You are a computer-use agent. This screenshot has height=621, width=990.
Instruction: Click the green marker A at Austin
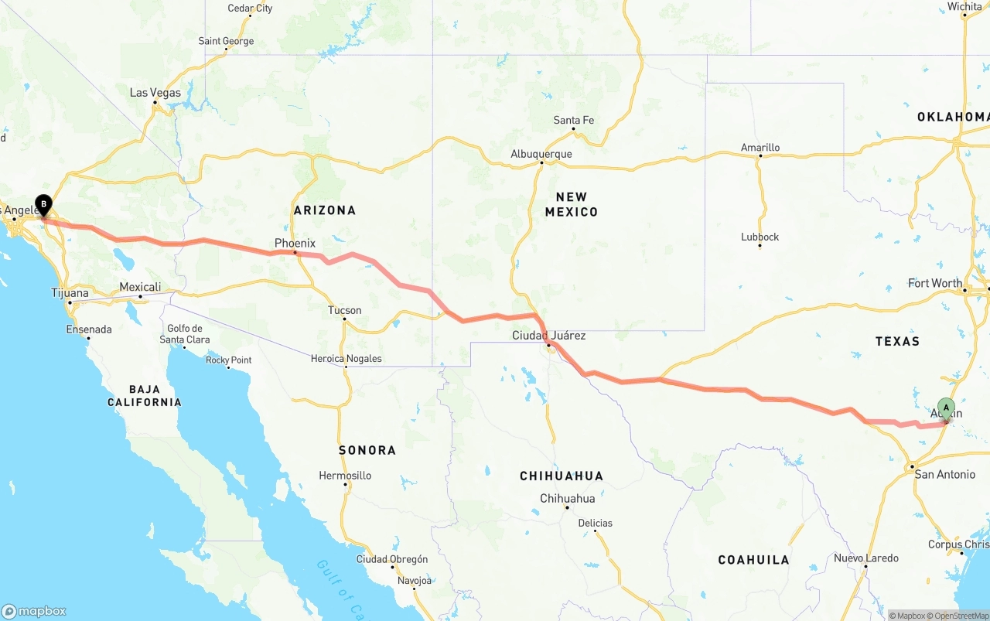(946, 408)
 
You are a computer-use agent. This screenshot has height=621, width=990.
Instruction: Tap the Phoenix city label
(295, 243)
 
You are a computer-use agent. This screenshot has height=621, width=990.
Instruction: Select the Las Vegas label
(155, 93)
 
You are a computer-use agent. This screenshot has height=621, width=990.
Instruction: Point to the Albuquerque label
(541, 154)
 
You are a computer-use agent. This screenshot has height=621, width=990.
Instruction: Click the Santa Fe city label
(573, 120)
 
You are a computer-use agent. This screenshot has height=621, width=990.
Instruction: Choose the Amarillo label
(760, 147)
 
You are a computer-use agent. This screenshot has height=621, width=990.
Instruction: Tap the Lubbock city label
(760, 237)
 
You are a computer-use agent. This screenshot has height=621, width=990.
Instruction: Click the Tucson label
(344, 310)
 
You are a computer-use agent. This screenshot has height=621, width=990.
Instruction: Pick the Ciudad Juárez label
(548, 336)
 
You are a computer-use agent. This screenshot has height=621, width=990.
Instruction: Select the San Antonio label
(944, 474)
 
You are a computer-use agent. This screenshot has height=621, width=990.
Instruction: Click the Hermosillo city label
(345, 476)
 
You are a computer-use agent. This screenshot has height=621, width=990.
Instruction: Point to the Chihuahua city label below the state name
(567, 498)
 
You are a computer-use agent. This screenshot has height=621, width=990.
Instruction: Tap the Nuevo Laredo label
(865, 558)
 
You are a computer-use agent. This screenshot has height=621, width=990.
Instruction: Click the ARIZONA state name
(324, 210)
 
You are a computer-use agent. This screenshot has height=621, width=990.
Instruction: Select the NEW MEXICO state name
(571, 204)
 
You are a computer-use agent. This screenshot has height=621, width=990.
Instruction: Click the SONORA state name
(367, 450)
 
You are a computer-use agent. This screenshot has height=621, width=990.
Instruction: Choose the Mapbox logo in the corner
(34, 611)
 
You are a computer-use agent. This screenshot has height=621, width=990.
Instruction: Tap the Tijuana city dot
(70, 302)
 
